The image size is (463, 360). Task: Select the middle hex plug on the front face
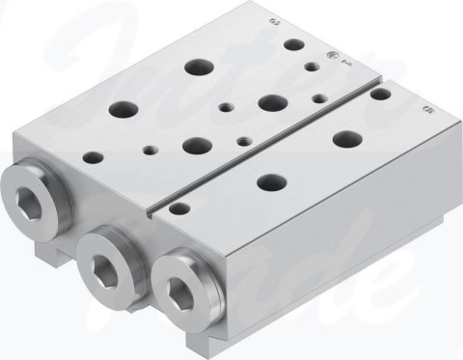pyautogui.click(x=103, y=257)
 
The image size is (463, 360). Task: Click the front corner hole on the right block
pyautogui.click(x=177, y=208)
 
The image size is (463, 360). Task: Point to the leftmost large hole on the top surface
pyautogui.click(x=123, y=109)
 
